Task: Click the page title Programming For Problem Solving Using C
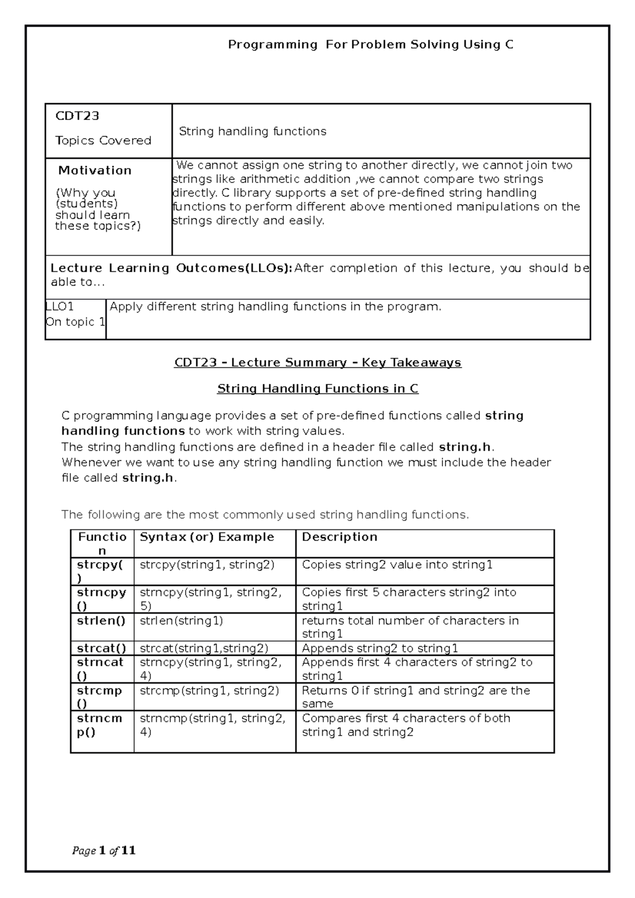(370, 45)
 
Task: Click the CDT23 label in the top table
(77, 115)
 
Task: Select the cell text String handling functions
(252, 131)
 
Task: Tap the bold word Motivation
(95, 170)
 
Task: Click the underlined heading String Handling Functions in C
(317, 389)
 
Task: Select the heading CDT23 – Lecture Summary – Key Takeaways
(317, 363)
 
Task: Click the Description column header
(339, 537)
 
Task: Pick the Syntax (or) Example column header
(207, 537)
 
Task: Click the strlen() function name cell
(101, 620)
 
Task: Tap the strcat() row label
(101, 648)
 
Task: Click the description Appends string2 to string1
(379, 648)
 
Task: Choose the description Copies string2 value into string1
(397, 565)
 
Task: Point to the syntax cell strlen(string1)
(181, 620)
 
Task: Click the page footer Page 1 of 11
(104, 850)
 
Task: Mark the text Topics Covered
(103, 141)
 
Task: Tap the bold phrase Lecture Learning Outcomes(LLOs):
(171, 268)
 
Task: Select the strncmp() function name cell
(99, 725)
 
